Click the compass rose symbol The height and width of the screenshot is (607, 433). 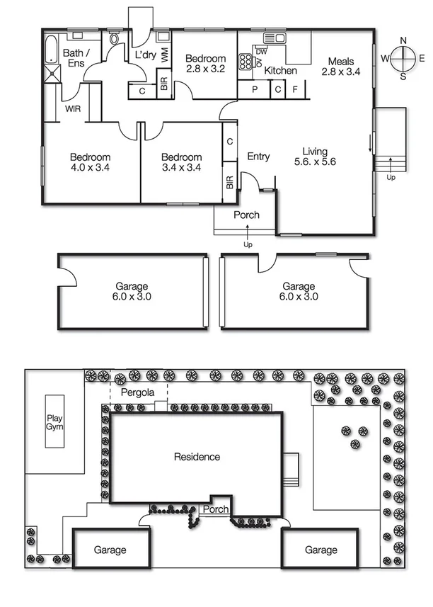pos(403,57)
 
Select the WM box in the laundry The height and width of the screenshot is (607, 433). pos(164,55)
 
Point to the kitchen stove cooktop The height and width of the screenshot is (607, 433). pos(246,61)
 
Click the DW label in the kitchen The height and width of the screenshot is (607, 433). pos(261,52)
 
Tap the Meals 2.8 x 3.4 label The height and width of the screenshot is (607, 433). pos(341,66)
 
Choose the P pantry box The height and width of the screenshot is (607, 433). pos(253,89)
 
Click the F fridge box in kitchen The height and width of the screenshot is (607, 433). pos(295,89)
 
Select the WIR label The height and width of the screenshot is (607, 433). pos(73,110)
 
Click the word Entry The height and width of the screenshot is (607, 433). pos(258,157)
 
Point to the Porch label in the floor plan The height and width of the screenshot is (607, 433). pos(246,215)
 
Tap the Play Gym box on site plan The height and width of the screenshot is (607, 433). pos(54,421)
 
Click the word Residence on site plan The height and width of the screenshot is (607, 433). pos(197,457)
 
